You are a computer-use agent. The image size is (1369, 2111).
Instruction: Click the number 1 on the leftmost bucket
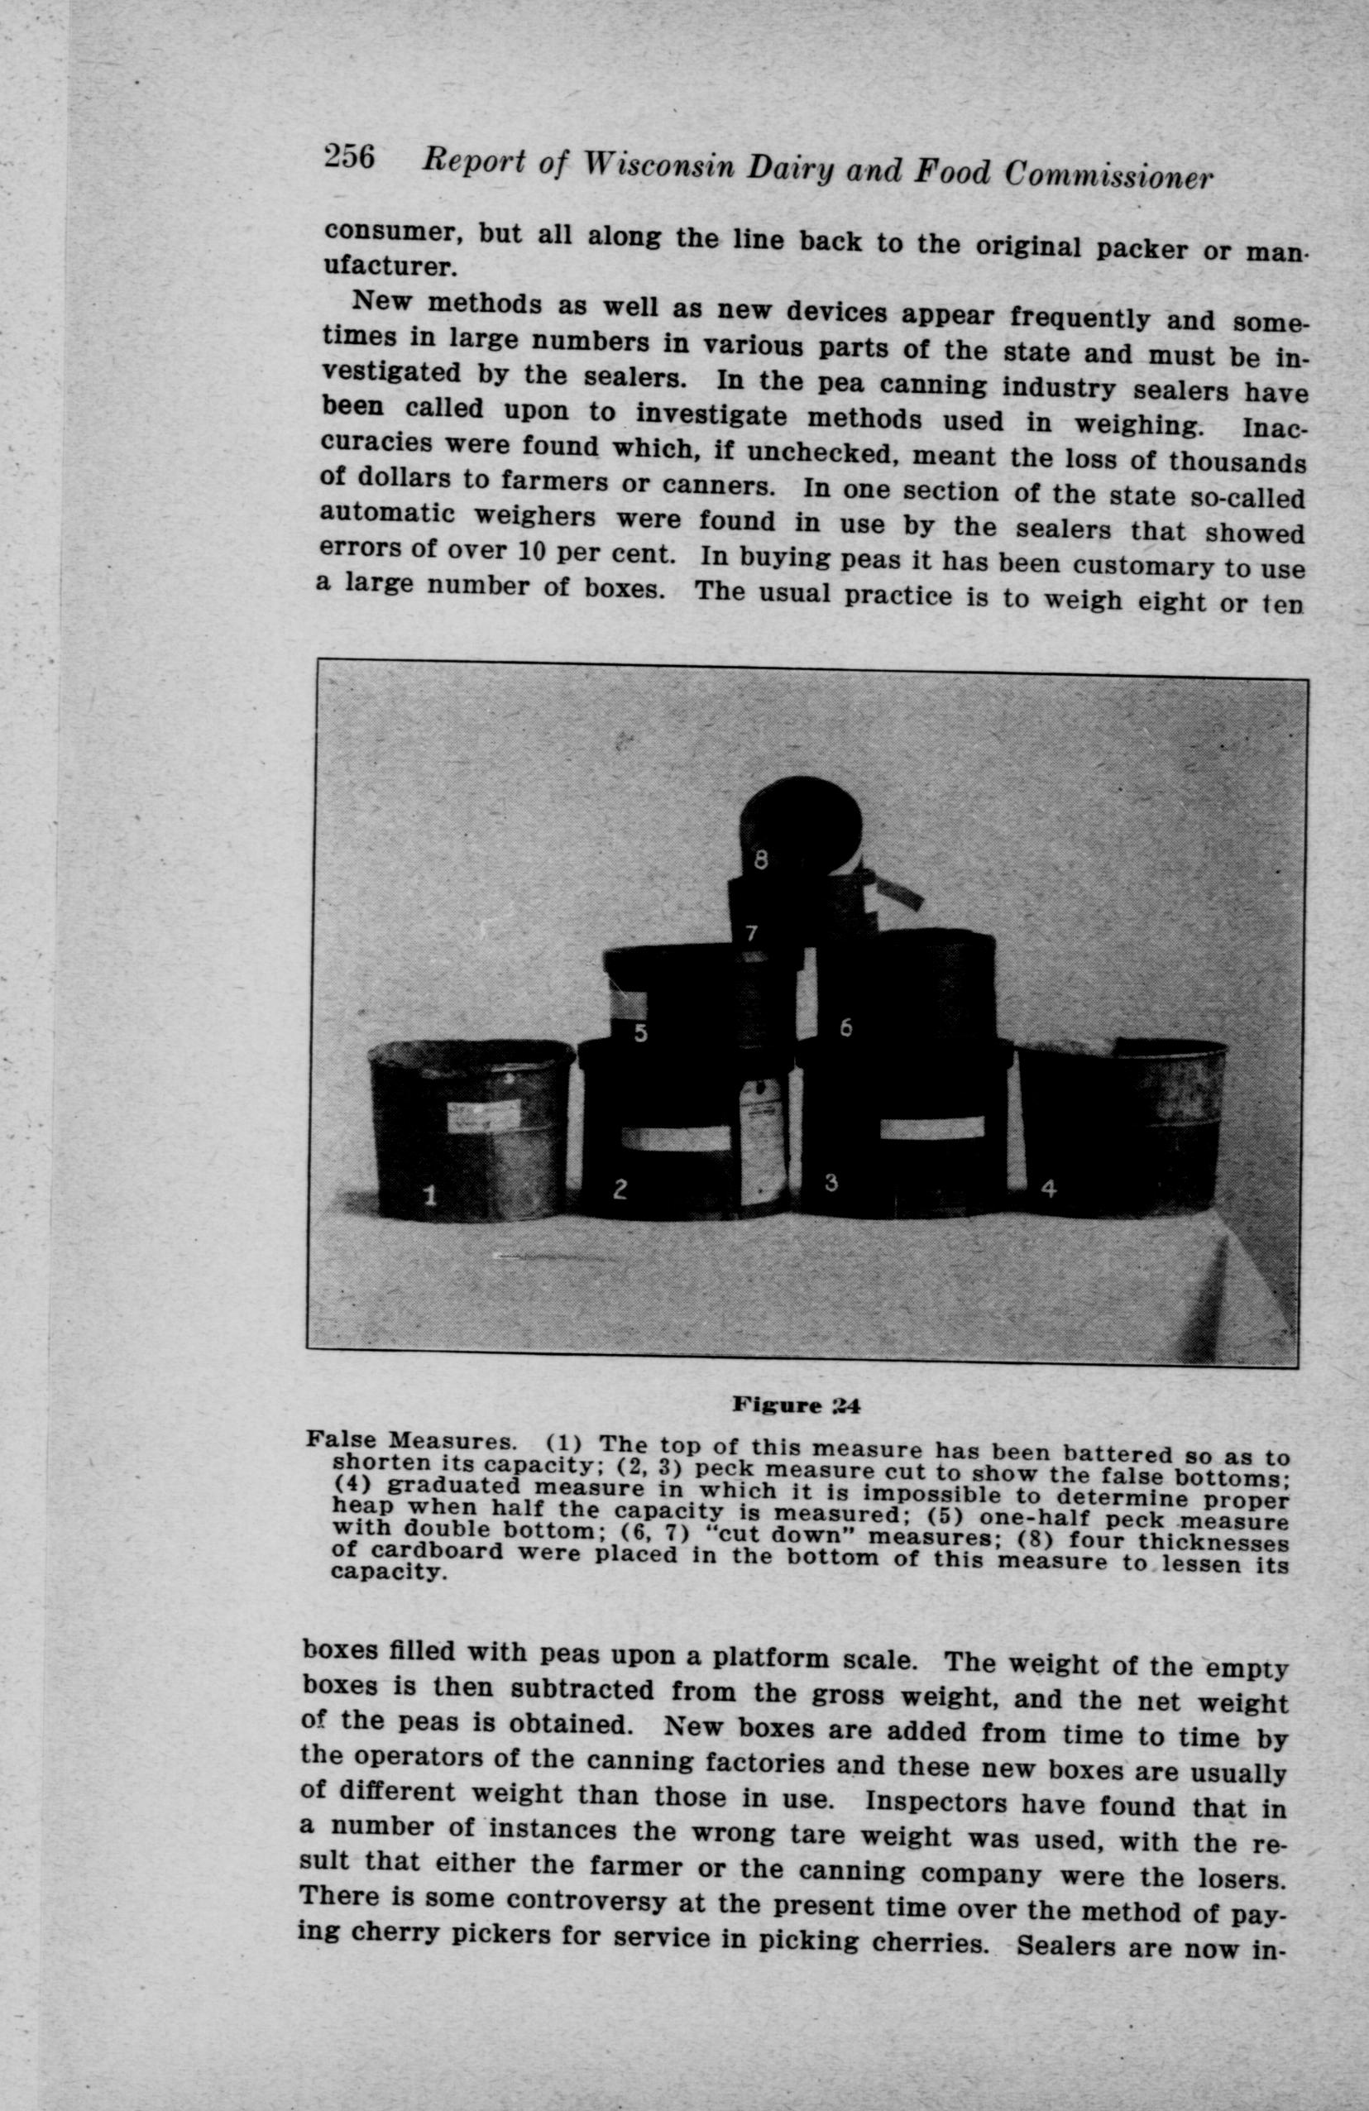pos(428,1195)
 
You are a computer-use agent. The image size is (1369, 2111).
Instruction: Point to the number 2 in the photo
pos(620,1189)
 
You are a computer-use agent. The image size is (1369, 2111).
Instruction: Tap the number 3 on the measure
pos(831,1181)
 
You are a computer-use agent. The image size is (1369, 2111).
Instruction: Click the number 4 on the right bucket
pos(1049,1189)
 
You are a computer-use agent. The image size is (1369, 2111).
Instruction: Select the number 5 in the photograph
pos(640,1033)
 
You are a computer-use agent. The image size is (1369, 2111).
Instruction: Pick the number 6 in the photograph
pos(845,1028)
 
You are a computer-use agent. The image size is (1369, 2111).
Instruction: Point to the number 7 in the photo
pos(751,933)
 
